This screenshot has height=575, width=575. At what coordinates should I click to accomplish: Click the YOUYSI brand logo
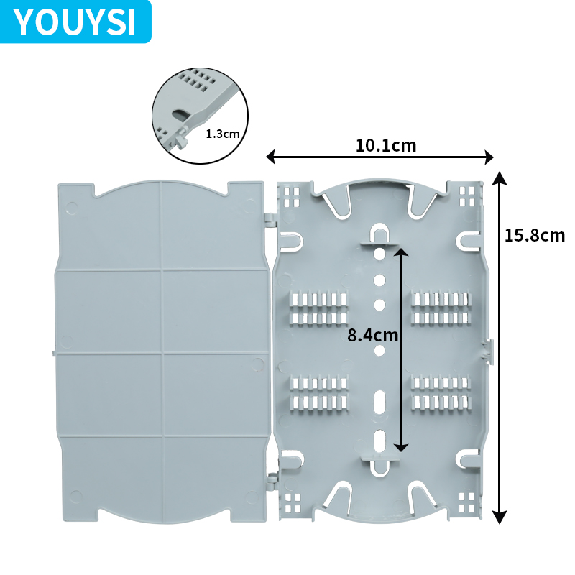pos(75,22)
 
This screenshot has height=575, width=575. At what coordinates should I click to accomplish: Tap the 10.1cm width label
pos(386,145)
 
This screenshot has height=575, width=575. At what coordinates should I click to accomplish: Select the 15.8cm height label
pos(534,235)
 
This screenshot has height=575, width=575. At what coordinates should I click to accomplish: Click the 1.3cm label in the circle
pos(221,134)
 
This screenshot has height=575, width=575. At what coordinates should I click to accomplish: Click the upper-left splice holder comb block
pos(318,308)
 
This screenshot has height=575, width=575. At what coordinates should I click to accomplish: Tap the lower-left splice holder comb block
pos(318,392)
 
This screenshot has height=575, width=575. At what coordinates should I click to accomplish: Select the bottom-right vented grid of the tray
pos(468,500)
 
